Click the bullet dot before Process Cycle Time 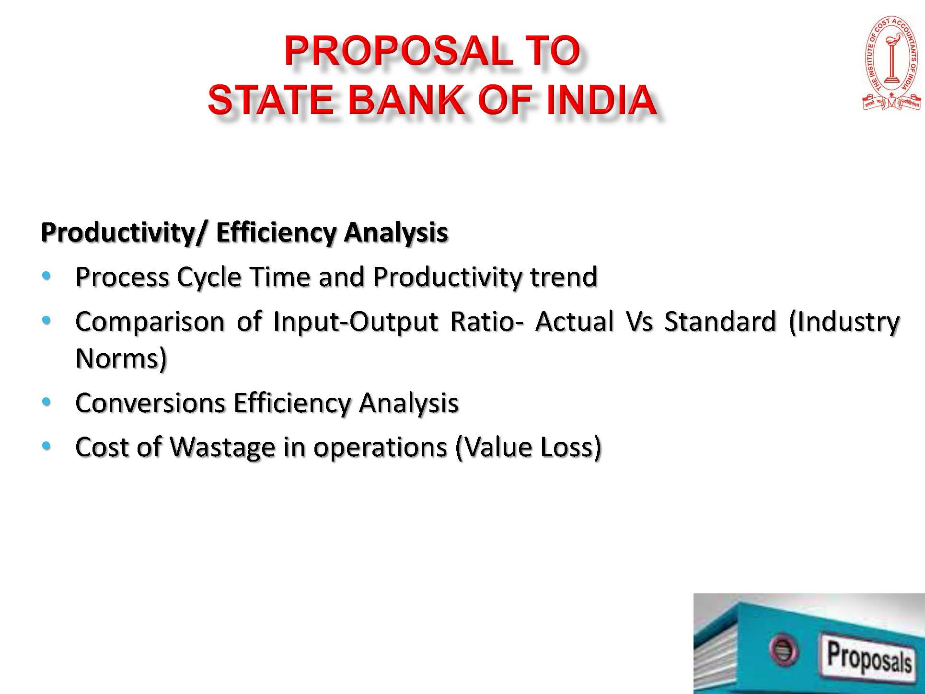click(x=46, y=276)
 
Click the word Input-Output click(x=356, y=322)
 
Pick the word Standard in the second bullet click(x=720, y=321)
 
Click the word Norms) click(x=121, y=359)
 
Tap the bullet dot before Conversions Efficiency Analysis click(x=46, y=401)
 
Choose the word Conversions click(x=150, y=403)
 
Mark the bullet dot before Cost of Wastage click(x=46, y=446)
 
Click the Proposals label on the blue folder click(x=869, y=657)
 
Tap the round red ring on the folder click(x=783, y=650)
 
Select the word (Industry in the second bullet click(x=844, y=322)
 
